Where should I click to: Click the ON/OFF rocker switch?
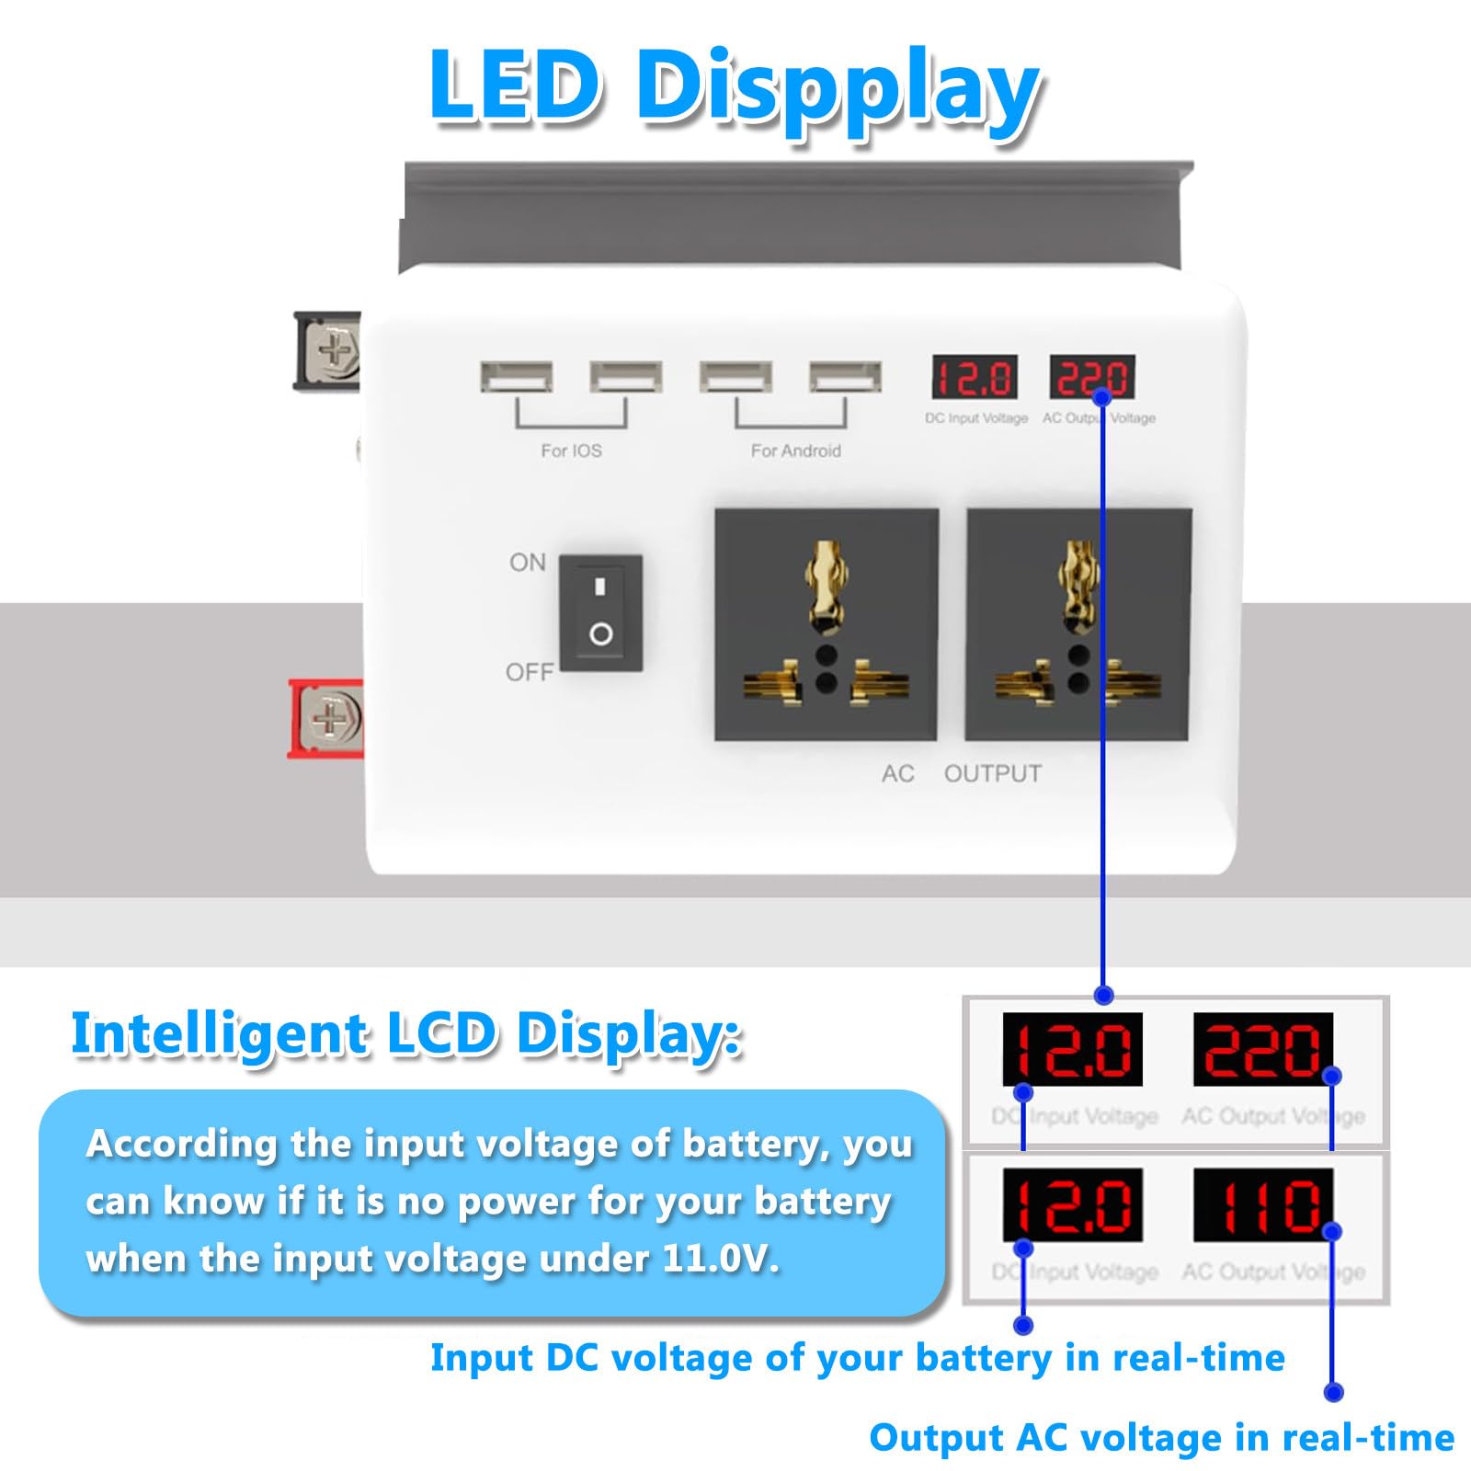pyautogui.click(x=600, y=612)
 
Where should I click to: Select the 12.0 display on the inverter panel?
pyautogui.click(x=975, y=377)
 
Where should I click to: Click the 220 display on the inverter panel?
pyautogui.click(x=1092, y=377)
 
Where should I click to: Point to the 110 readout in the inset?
pyautogui.click(x=1262, y=1205)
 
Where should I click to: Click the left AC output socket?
pyautogui.click(x=827, y=624)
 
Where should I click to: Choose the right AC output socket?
pyautogui.click(x=1078, y=624)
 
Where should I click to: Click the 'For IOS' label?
pyautogui.click(x=571, y=450)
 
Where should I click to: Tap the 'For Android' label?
pyautogui.click(x=796, y=450)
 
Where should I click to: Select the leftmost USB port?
pyautogui.click(x=517, y=377)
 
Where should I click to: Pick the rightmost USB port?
pyautogui.click(x=845, y=377)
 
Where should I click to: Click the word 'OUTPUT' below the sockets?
pyautogui.click(x=993, y=774)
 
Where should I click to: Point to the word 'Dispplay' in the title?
pyautogui.click(x=838, y=90)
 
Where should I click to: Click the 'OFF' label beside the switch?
pyautogui.click(x=530, y=673)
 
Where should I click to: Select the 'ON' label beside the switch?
pyautogui.click(x=528, y=563)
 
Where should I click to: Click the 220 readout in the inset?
pyautogui.click(x=1262, y=1049)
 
